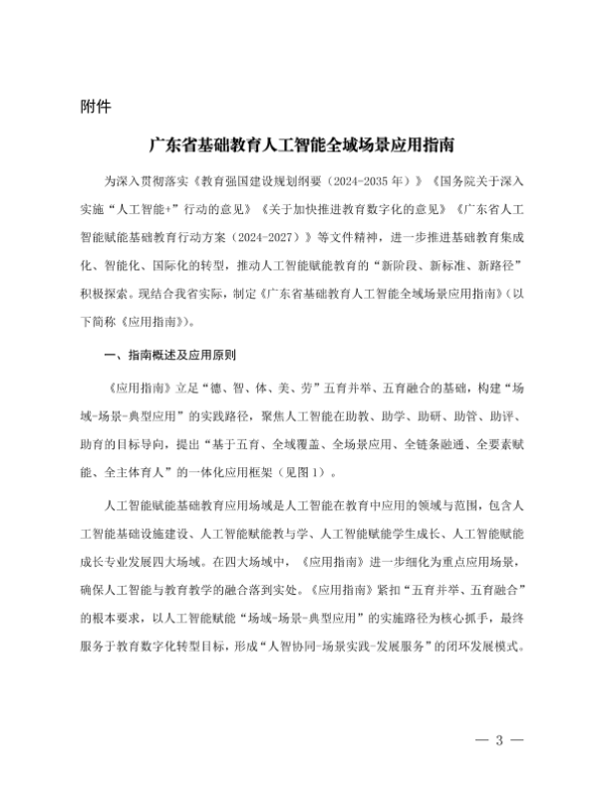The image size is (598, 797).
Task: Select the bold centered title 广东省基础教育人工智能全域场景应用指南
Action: click(298, 145)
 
